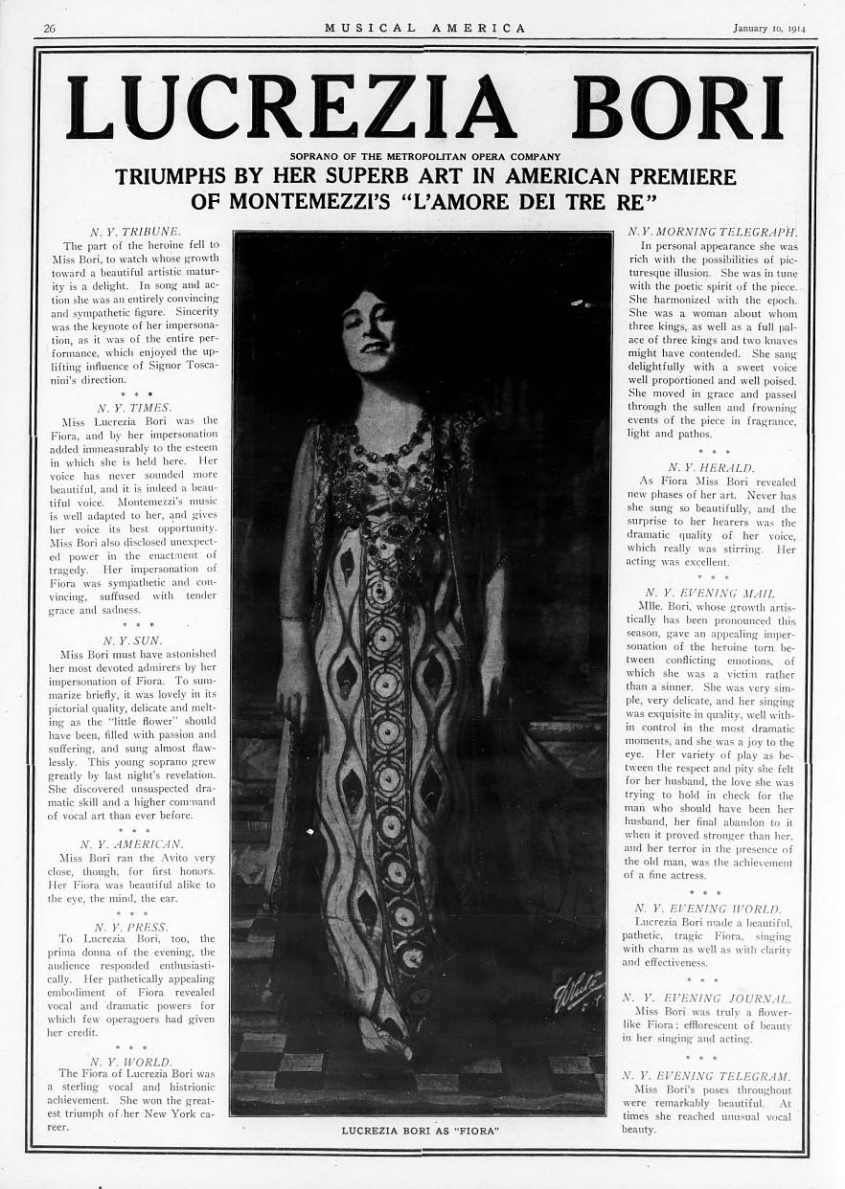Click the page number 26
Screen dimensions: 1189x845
click(x=49, y=28)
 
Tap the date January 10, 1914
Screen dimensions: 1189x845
click(x=769, y=28)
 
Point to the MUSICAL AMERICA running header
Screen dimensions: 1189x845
click(x=424, y=28)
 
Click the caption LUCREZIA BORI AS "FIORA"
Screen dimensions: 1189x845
click(x=422, y=1131)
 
